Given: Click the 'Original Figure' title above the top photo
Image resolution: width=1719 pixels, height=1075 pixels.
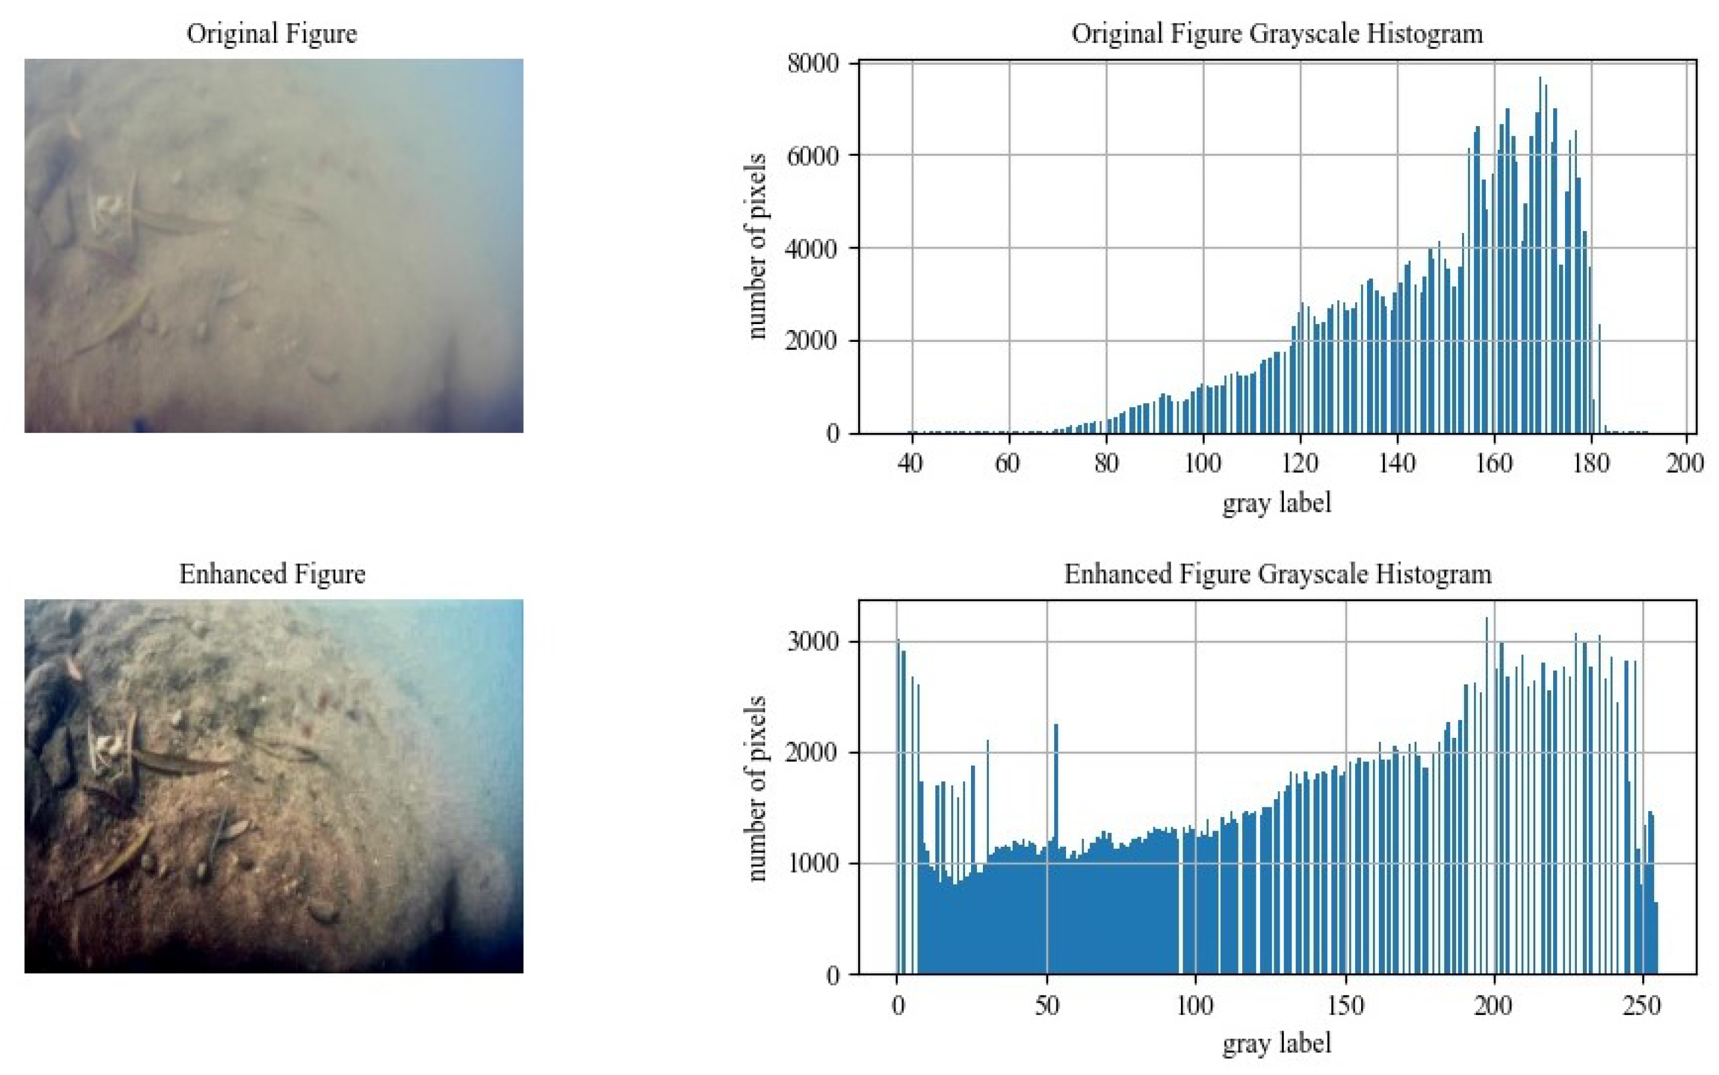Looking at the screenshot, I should [x=272, y=33].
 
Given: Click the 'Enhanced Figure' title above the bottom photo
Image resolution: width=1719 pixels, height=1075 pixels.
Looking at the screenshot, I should [x=272, y=574].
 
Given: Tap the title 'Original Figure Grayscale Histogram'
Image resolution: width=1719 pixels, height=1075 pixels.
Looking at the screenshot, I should [x=1277, y=33].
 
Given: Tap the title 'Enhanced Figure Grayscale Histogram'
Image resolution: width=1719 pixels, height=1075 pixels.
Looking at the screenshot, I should [x=1277, y=574].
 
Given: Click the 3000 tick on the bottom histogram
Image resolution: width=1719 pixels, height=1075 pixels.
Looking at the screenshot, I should [x=813, y=642].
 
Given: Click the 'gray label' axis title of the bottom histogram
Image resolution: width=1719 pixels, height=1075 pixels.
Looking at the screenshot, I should [x=1277, y=1043].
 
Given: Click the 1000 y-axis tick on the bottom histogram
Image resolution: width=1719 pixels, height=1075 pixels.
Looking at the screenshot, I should [x=813, y=864].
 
